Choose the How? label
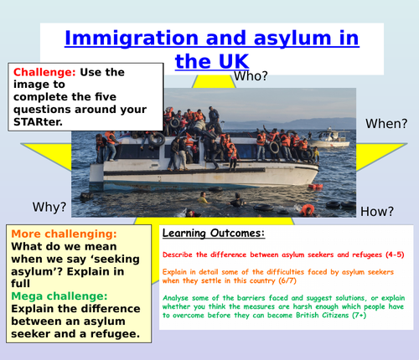pos(379,213)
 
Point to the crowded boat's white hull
pos(201,176)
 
